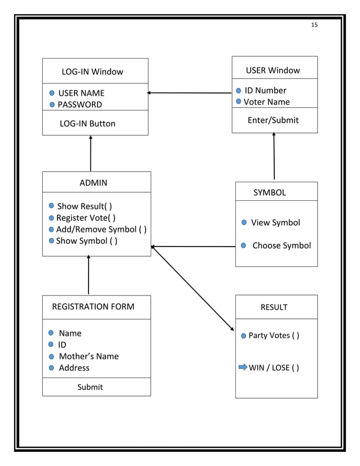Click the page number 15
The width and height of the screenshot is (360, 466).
tap(314, 25)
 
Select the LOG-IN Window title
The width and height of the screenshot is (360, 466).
tap(92, 72)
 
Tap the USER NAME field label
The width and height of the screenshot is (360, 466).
tap(81, 93)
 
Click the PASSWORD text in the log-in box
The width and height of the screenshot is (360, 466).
tap(80, 104)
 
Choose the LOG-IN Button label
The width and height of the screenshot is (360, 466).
tap(87, 124)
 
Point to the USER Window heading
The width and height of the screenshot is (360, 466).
tap(273, 71)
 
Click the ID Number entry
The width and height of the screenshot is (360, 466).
tap(265, 90)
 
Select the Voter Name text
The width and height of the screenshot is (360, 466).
tap(266, 102)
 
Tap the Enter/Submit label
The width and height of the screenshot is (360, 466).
tap(273, 120)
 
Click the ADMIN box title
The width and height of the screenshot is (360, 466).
tap(93, 183)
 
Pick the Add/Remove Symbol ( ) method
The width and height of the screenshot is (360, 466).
tap(102, 230)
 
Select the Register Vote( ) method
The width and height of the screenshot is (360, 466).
tap(86, 218)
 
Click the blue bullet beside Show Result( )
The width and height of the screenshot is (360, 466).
tap(51, 206)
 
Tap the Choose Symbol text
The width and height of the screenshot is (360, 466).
tap(282, 245)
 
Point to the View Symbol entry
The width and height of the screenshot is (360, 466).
tap(275, 222)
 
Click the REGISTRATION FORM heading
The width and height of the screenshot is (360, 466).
tap(93, 307)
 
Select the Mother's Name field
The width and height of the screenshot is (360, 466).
tap(89, 356)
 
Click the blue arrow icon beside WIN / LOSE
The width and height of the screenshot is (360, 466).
tap(243, 367)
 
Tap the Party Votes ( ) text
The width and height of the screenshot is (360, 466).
tap(274, 336)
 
